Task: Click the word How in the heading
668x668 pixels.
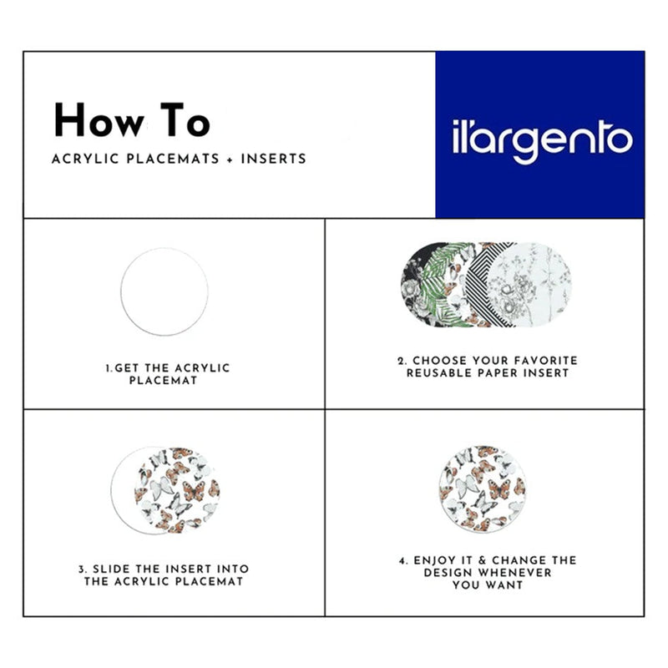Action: [x=99, y=120]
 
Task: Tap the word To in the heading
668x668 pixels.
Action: [x=185, y=120]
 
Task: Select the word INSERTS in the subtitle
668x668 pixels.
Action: [x=274, y=159]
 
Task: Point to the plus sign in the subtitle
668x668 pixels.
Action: [x=230, y=159]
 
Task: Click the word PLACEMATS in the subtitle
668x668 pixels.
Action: [x=173, y=159]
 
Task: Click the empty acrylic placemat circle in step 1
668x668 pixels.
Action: [x=164, y=291]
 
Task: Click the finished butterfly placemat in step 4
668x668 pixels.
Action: [x=483, y=489]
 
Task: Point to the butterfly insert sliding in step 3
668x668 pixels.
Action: [x=177, y=490]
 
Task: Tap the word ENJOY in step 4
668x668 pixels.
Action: [x=435, y=560]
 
